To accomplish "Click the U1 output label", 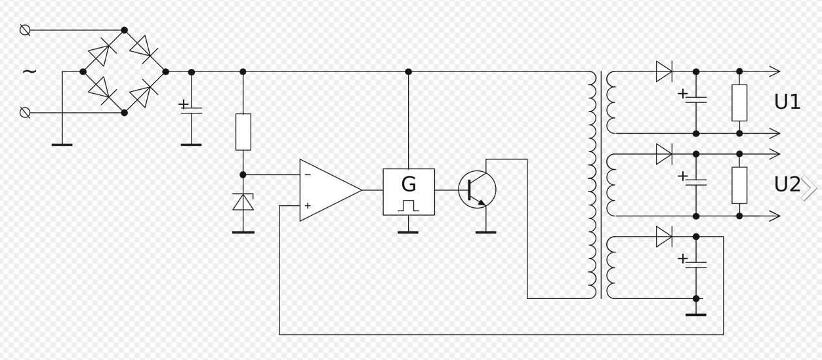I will tap(787, 102).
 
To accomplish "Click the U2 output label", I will tap(787, 185).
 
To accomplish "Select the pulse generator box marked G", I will tap(409, 191).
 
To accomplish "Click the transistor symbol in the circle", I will tap(477, 190).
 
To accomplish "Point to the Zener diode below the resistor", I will tap(243, 203).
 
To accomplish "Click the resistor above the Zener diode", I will tap(243, 132).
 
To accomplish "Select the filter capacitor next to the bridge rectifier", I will tap(191, 108).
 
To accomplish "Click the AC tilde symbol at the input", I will tap(30, 71).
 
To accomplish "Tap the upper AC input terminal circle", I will tap(25, 30).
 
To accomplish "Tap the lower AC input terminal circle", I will tap(25, 113).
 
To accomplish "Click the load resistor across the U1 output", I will tap(739, 103).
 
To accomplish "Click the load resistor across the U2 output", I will tap(739, 186).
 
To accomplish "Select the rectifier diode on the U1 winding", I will tap(664, 71).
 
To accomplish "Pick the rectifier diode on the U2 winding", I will tap(664, 154).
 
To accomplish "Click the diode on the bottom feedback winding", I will tap(664, 237).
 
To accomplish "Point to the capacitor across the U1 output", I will tap(696, 99).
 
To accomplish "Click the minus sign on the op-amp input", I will tap(308, 174).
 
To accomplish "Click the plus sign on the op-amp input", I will tap(308, 206).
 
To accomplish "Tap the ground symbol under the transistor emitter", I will tap(485, 231).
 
